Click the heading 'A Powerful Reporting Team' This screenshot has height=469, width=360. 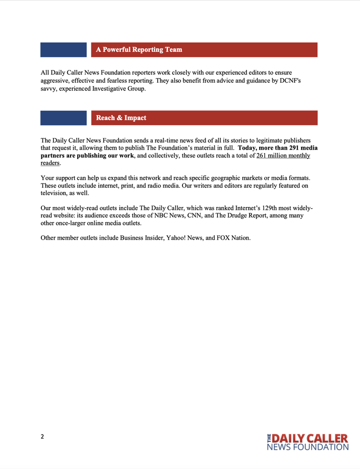pos(139,50)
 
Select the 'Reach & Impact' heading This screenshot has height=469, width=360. pos(121,118)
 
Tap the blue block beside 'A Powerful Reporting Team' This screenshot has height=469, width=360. pos(63,50)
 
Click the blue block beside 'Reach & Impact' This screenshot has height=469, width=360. pos(63,118)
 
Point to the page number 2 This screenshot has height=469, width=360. pos(42,436)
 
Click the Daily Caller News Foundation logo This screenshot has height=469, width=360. pos(307,441)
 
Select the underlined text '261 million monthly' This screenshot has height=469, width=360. pos(283,156)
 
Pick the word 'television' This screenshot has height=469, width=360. pos(56,193)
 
